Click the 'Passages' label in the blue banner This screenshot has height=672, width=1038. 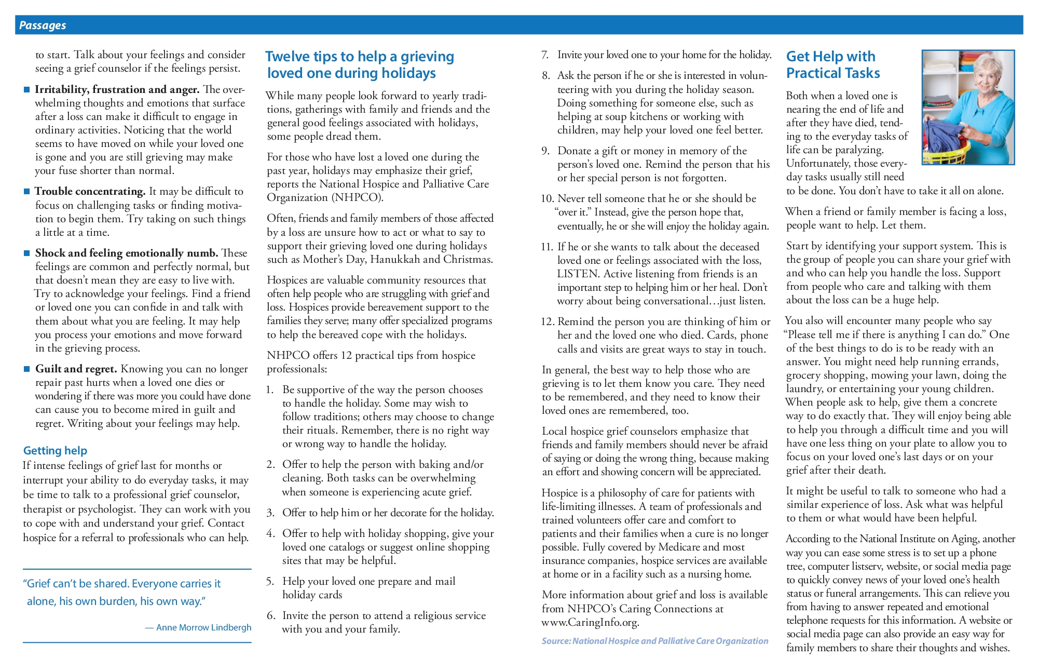43,25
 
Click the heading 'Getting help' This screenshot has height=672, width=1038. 55,450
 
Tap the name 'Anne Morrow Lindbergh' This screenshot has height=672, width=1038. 203,627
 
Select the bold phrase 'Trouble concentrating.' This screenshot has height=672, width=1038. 90,191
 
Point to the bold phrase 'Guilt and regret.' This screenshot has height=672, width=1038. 76,369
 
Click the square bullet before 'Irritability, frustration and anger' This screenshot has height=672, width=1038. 27,90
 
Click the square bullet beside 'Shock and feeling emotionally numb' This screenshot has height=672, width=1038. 27,253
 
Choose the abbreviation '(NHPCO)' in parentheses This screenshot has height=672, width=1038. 357,197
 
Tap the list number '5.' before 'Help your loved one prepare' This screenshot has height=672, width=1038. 270,581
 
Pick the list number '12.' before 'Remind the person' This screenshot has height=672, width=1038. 548,321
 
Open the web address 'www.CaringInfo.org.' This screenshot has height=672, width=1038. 590,622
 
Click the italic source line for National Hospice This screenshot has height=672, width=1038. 654,641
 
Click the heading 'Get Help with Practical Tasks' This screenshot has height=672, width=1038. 832,65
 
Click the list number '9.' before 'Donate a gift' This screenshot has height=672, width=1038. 545,151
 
